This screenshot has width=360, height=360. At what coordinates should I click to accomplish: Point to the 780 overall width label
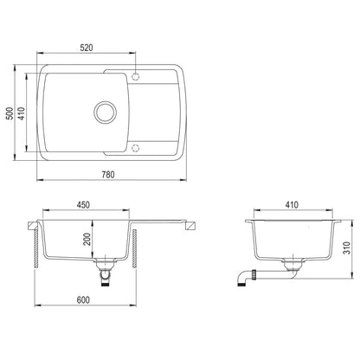[x=108, y=176]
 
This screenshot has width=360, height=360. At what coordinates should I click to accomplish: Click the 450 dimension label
[x=82, y=206]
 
